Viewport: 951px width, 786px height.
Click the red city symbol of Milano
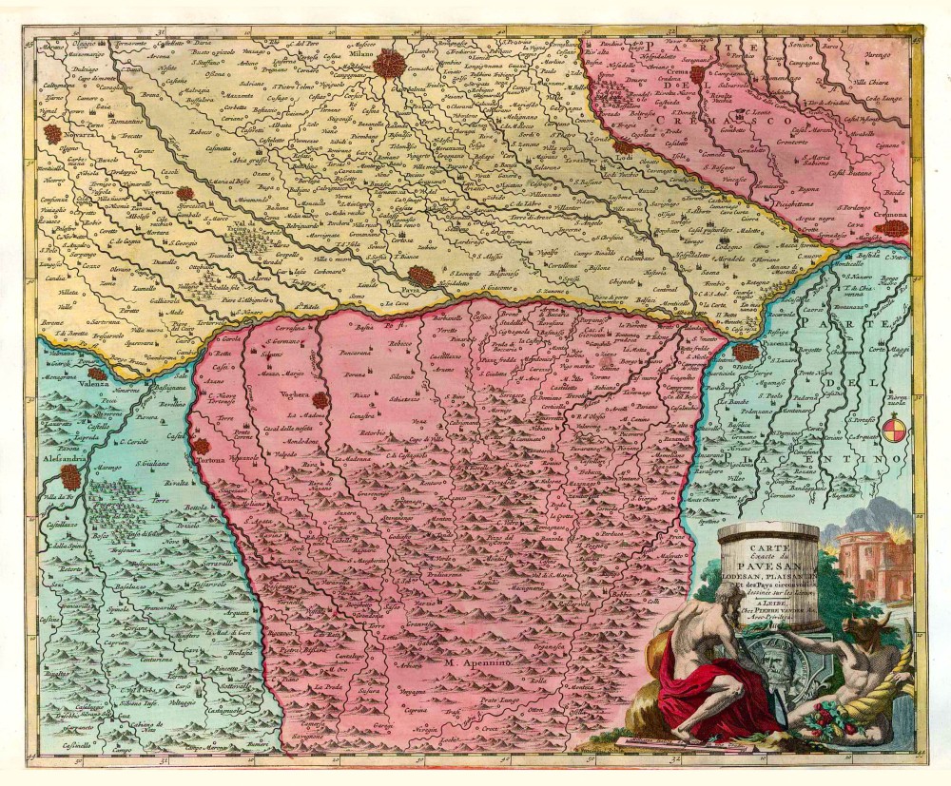pyautogui.click(x=388, y=66)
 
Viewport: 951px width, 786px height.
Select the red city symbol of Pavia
pyautogui.click(x=423, y=276)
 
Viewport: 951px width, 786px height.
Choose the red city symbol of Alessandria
pyautogui.click(x=70, y=475)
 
